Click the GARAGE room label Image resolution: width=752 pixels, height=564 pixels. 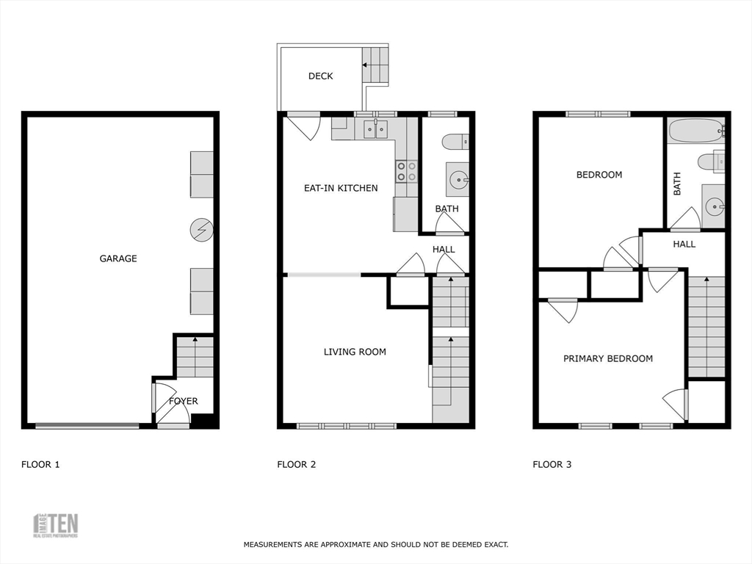[x=118, y=258]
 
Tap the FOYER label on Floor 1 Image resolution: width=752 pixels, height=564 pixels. [x=184, y=401]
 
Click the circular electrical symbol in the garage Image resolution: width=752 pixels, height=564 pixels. [x=200, y=230]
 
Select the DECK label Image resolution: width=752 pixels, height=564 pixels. [x=320, y=76]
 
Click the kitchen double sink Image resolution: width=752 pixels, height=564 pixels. [x=376, y=129]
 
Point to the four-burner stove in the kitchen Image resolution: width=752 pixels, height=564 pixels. [x=407, y=171]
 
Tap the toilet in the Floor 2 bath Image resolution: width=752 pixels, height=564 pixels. [x=455, y=141]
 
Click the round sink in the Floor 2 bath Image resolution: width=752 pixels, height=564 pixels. [x=458, y=178]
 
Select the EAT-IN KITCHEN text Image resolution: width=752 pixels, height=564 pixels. [x=341, y=188]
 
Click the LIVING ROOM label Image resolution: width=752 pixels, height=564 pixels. [x=355, y=352]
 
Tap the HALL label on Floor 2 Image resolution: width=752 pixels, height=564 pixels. [x=444, y=250]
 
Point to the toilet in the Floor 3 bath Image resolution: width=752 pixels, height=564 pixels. [x=711, y=161]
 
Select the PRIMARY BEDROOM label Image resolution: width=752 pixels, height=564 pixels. [x=608, y=358]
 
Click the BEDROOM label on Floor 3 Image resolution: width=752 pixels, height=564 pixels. [x=599, y=175]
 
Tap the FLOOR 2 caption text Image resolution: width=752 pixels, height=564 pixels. [x=296, y=464]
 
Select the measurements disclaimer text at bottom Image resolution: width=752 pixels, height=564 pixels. [x=376, y=545]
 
